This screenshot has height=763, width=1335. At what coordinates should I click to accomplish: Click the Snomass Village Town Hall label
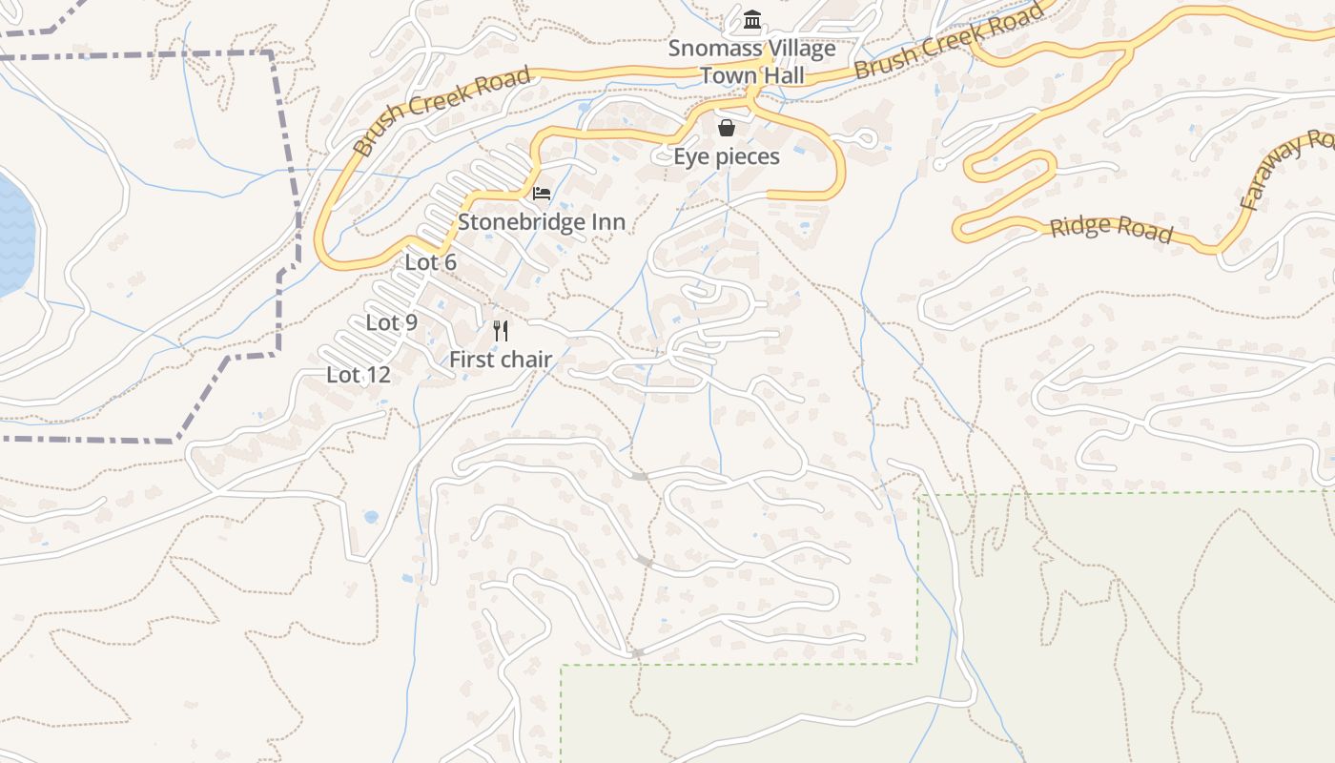tap(751, 61)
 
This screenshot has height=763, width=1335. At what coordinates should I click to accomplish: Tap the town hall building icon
tap(752, 19)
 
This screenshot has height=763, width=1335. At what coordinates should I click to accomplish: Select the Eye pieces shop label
tap(727, 156)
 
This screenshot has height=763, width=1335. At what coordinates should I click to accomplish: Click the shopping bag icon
tap(727, 128)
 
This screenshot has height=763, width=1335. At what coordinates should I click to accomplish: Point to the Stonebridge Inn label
tap(542, 222)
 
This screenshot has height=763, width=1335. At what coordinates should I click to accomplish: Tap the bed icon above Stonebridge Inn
tap(542, 194)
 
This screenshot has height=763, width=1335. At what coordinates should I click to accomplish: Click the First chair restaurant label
tap(501, 360)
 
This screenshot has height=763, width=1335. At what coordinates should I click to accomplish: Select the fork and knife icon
tap(501, 331)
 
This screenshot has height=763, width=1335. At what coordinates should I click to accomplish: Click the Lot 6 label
tap(431, 261)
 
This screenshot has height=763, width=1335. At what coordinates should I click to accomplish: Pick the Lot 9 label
tap(392, 322)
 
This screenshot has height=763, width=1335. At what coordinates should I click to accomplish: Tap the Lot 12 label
tap(359, 375)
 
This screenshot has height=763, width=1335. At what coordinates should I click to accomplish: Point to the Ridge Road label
tap(1111, 229)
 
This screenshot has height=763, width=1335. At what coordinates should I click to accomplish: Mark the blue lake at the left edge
tap(13, 234)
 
